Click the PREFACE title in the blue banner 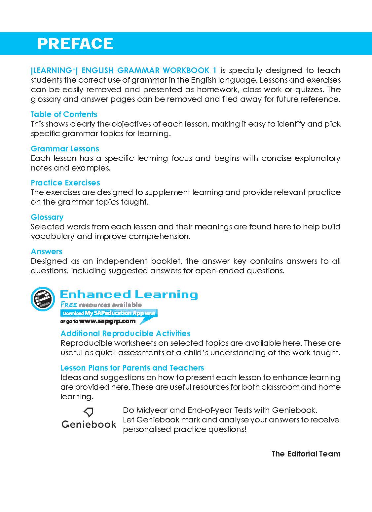(x=75, y=44)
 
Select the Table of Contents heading (x=64, y=114)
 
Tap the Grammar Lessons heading (x=65, y=149)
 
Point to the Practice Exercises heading (x=65, y=183)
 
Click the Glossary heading (x=47, y=217)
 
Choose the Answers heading (x=46, y=252)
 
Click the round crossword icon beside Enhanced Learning (x=43, y=298)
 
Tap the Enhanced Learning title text (x=129, y=295)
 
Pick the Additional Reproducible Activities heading (x=126, y=334)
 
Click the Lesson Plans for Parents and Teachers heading (x=132, y=368)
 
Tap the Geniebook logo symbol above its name (x=89, y=412)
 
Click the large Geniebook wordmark (x=89, y=424)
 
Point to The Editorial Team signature (x=306, y=454)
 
